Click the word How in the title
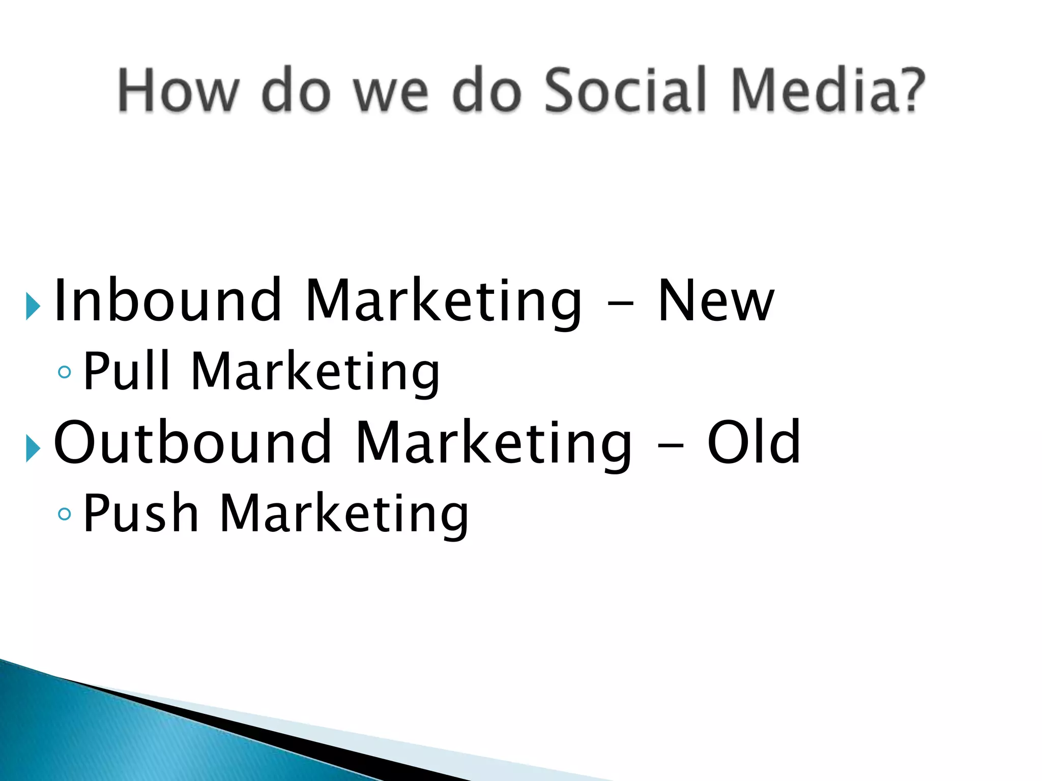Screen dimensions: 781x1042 click(178, 91)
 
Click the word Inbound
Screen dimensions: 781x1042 click(168, 301)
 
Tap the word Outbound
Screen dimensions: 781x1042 click(193, 442)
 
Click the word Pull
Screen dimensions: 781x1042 click(126, 371)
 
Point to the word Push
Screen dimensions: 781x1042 click(140, 514)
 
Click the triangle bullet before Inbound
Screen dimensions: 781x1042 click(33, 307)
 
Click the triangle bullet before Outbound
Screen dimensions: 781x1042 click(33, 449)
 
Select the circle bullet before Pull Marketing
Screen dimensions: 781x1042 click(65, 372)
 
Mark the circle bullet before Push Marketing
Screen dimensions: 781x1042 click(65, 514)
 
